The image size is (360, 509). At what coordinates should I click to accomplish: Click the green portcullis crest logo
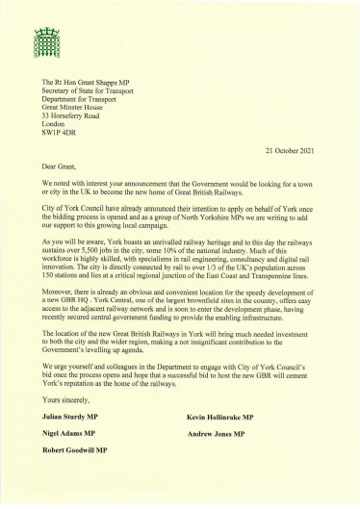pyautogui.click(x=47, y=40)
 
